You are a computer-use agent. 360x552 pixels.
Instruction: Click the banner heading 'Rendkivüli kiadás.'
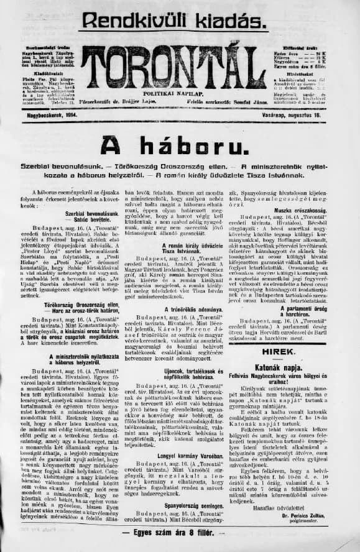(x=180, y=19)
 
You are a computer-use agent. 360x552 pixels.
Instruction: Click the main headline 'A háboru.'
(x=180, y=146)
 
